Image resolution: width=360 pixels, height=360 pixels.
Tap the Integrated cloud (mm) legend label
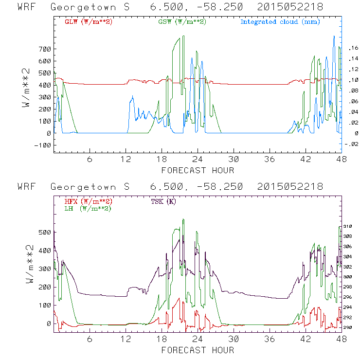(x=280, y=22)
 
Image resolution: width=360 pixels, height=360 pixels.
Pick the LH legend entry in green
(x=88, y=208)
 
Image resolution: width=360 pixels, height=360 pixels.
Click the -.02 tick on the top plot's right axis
(x=351, y=144)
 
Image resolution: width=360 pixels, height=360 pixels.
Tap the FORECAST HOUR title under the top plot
(x=198, y=170)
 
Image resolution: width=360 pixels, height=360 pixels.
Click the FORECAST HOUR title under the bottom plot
(x=198, y=350)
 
